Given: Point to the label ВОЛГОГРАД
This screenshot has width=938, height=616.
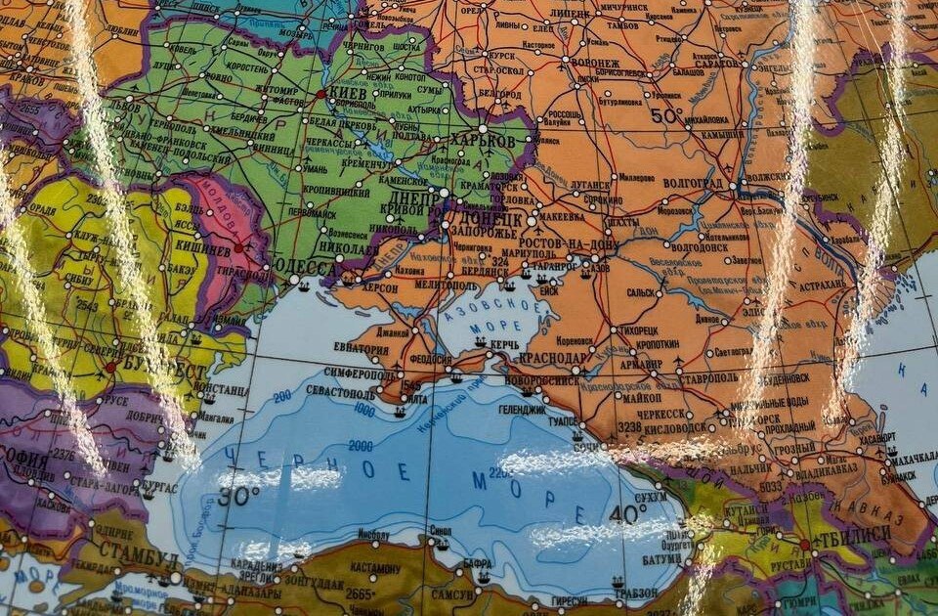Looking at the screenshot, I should coord(693,184).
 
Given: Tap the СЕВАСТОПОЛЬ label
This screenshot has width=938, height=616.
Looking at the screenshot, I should coord(341,394).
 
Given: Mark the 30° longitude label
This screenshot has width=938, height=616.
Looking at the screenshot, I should coord(238,495).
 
